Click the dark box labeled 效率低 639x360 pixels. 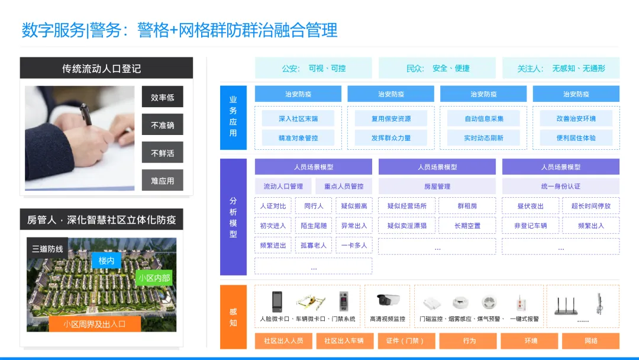162,97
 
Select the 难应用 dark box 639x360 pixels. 162,181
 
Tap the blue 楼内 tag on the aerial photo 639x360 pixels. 106,261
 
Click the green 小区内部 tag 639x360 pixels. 154,278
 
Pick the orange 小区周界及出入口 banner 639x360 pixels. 95,324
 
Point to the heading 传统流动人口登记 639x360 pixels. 106,68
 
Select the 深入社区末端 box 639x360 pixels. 298,118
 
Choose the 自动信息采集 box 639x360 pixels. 483,118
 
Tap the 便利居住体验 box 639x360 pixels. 576,138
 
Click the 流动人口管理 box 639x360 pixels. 283,187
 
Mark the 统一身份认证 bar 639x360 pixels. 560,187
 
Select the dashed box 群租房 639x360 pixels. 467,206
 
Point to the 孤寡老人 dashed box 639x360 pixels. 314,245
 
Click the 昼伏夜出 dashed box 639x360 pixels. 530,206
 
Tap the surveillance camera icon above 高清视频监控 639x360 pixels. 388,300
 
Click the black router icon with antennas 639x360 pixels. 566,304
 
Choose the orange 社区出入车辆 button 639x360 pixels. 344,340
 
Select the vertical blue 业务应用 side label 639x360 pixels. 233,117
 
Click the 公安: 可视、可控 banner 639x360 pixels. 314,68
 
